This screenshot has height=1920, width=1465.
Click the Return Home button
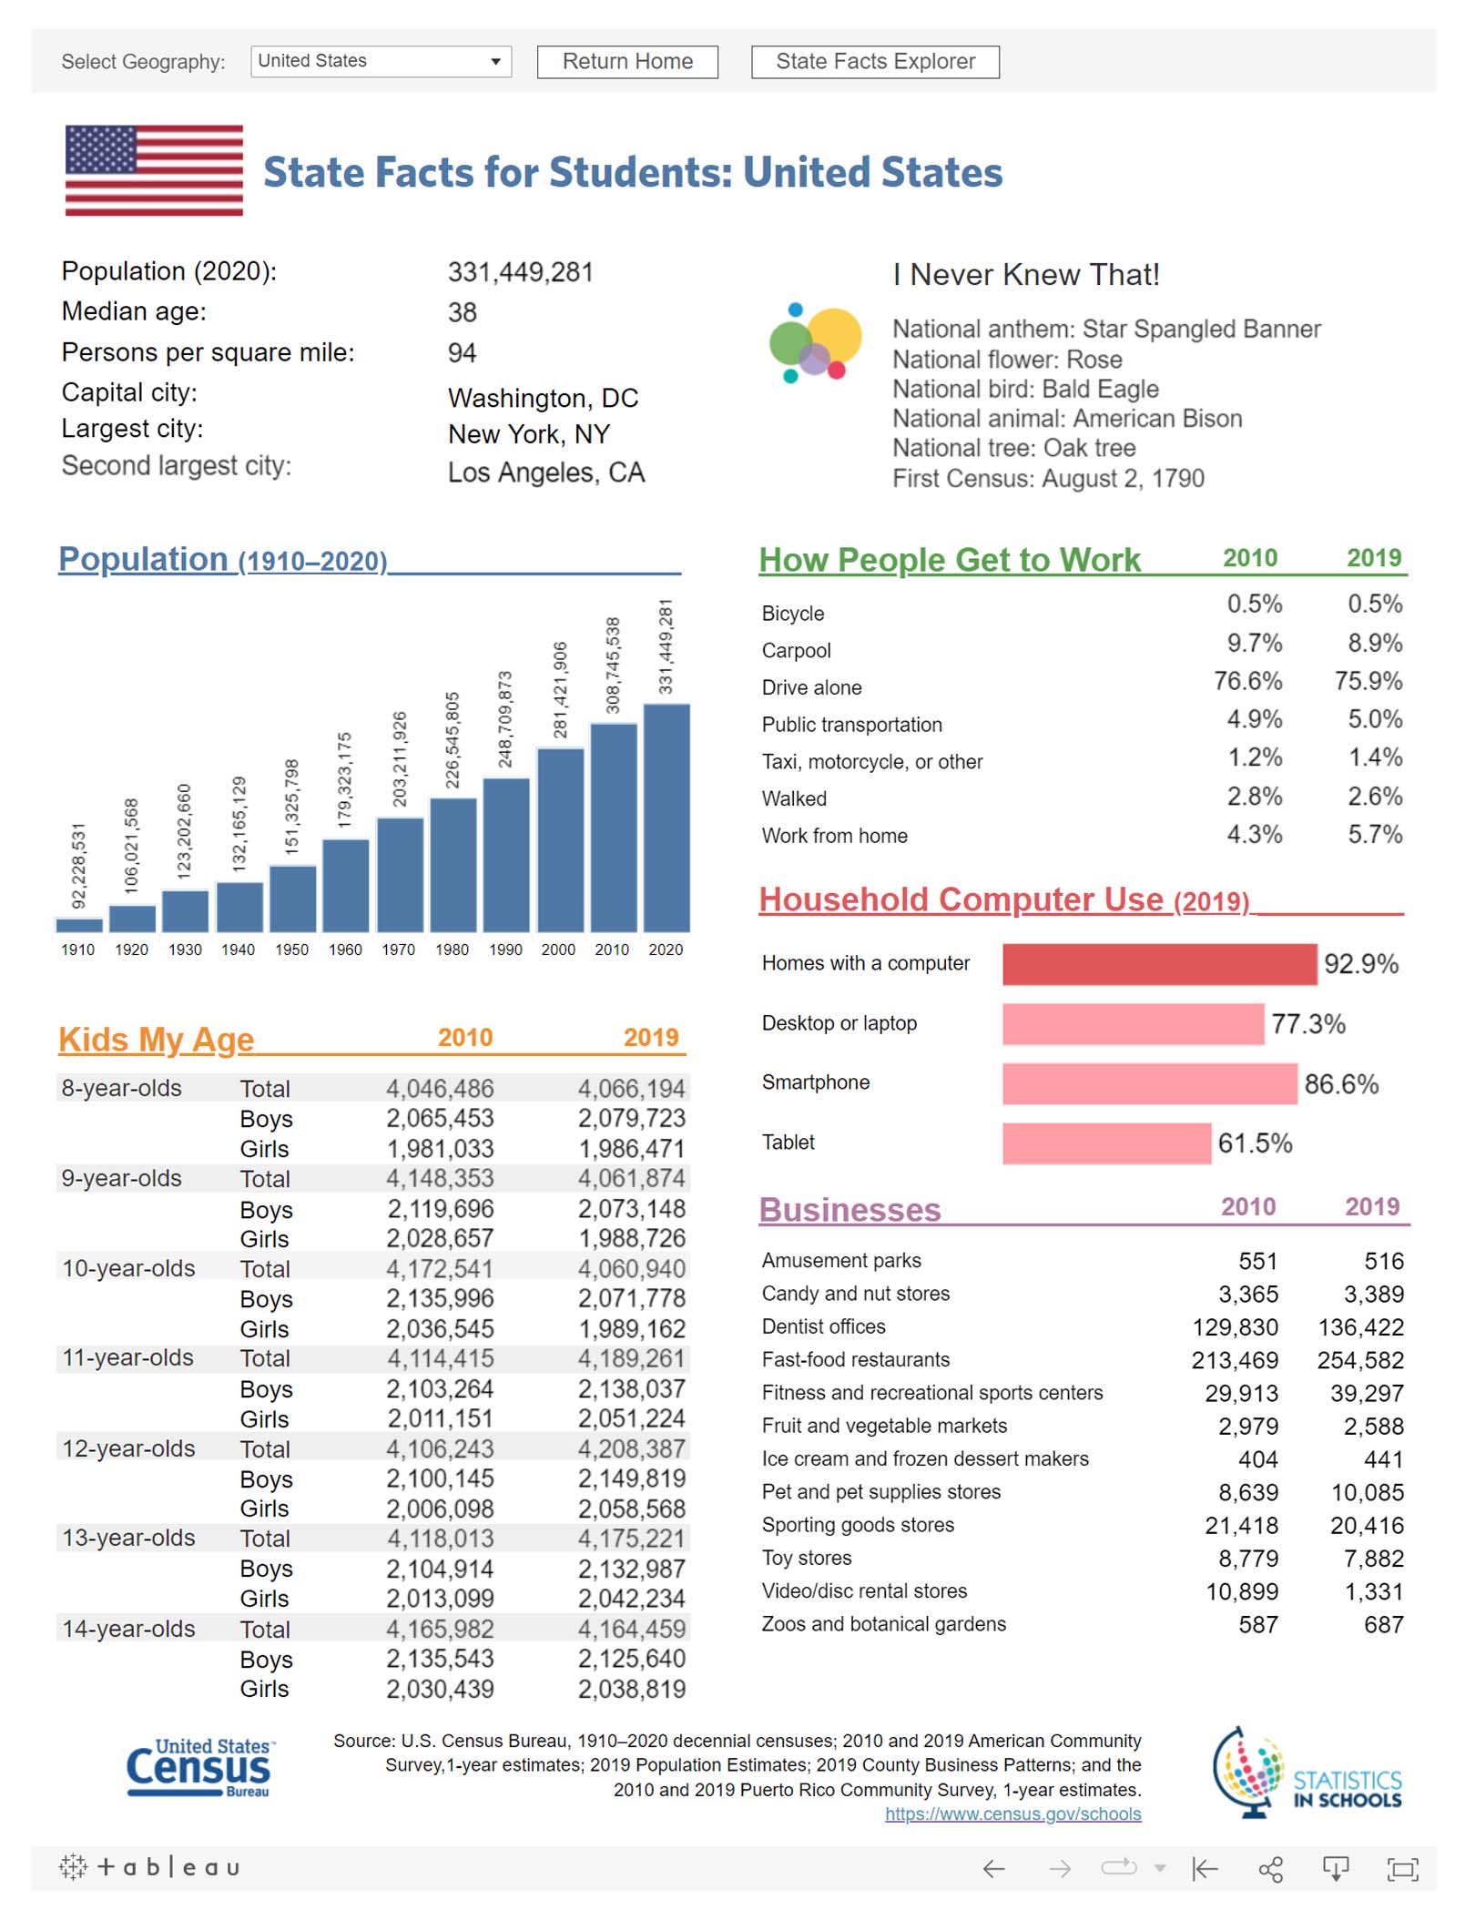(x=626, y=62)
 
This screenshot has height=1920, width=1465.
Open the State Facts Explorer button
(x=874, y=62)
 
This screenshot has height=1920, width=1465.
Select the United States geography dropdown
(x=380, y=62)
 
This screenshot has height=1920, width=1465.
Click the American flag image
(x=154, y=170)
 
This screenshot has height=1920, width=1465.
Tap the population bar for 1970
(x=400, y=874)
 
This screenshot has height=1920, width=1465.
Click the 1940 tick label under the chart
(x=238, y=950)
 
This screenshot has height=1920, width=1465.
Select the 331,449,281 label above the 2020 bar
(x=666, y=645)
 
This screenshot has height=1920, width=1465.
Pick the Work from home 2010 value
(x=1254, y=834)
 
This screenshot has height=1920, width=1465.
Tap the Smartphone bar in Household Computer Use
(x=1149, y=1083)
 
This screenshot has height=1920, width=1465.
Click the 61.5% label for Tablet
(x=1255, y=1143)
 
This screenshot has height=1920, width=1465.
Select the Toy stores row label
(x=807, y=1558)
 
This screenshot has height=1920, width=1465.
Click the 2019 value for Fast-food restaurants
(x=1360, y=1360)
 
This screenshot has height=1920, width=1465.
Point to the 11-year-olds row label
(x=127, y=1357)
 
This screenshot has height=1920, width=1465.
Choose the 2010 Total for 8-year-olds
(x=440, y=1089)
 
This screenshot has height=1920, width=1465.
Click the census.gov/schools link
(x=1012, y=1813)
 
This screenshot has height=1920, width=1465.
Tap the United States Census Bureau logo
(x=199, y=1767)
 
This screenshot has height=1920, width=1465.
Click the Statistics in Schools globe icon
(x=1250, y=1771)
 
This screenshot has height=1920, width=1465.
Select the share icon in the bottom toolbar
(x=1270, y=1869)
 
